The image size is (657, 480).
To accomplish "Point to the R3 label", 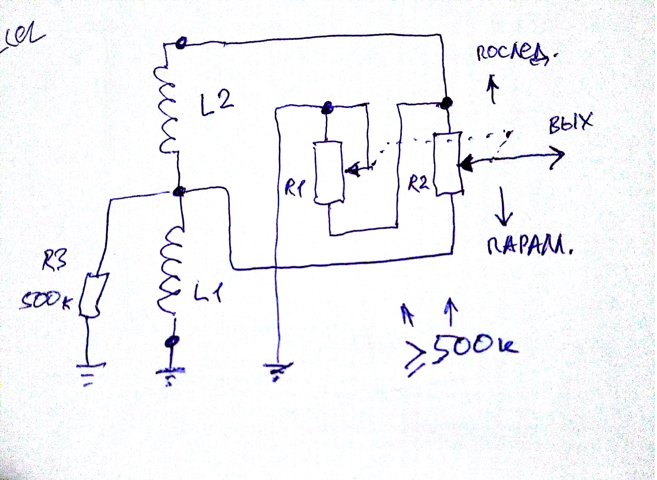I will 54,260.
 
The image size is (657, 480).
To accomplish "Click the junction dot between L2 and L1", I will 179,192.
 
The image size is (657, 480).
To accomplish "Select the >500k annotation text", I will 462,353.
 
